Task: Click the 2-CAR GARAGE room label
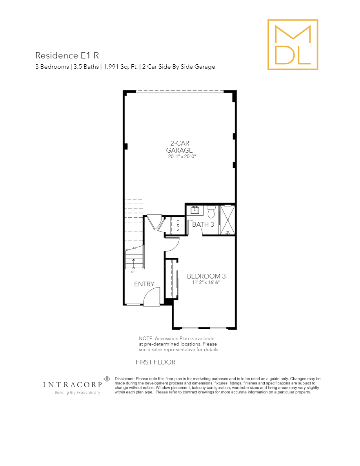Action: pos(180,147)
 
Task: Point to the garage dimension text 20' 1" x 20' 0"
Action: pos(181,157)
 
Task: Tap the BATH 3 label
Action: pos(203,224)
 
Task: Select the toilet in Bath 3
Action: pos(211,212)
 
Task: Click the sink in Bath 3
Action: pos(195,210)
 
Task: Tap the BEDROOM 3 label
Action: pos(206,276)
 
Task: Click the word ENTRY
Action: pos(144,284)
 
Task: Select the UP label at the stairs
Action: pos(133,271)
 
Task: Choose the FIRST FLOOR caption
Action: pos(155,362)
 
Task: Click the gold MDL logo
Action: pos(293,45)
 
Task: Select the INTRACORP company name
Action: pos(72,385)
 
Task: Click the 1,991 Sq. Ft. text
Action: pos(120,67)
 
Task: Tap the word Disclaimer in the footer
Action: pos(125,379)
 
